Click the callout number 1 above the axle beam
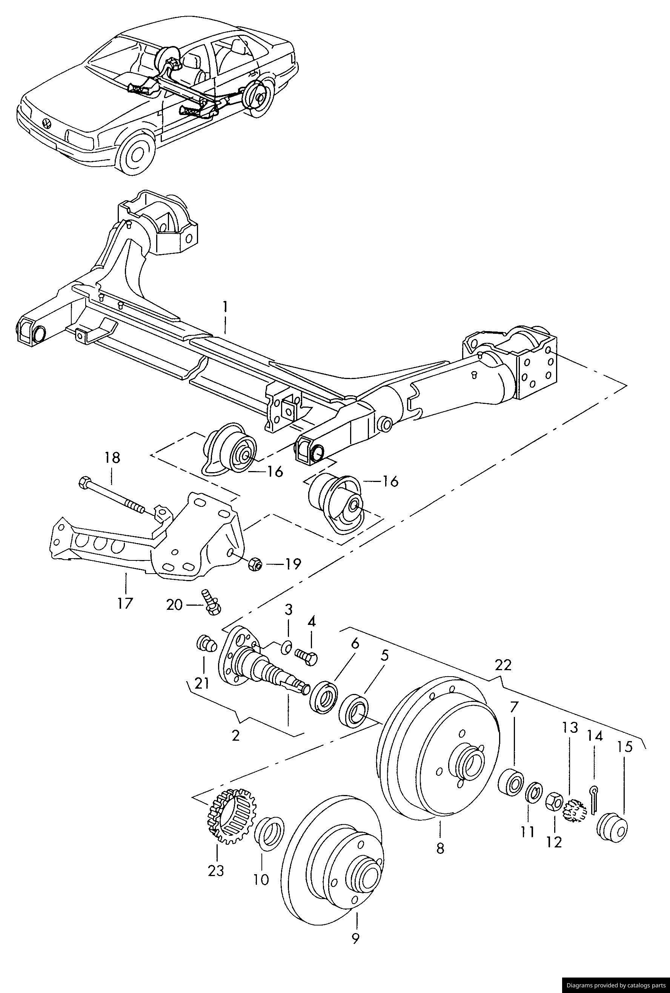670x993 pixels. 225,307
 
